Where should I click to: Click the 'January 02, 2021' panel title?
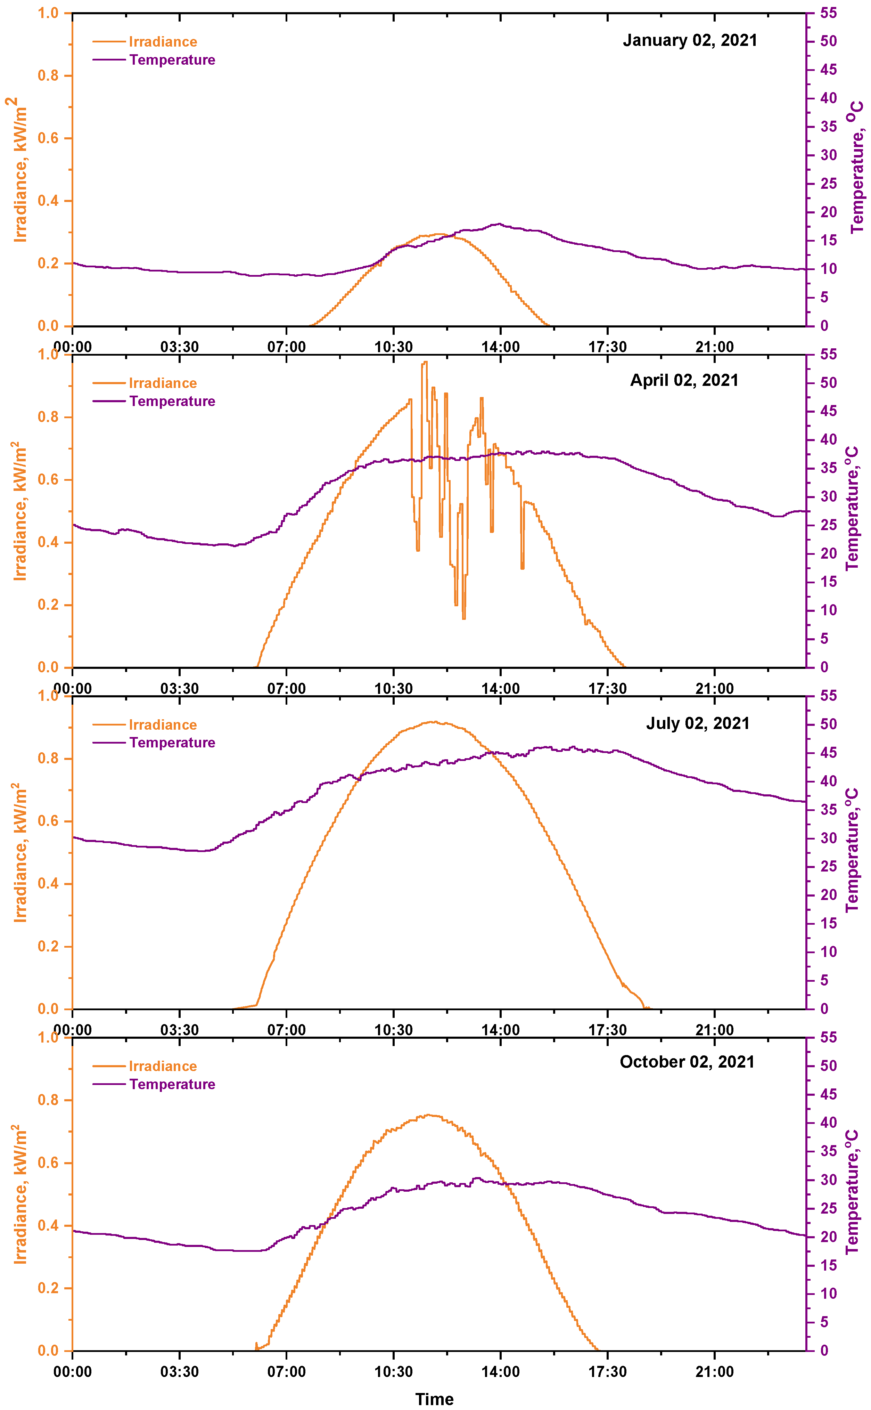pos(690,40)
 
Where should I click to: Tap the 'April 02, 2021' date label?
pos(684,380)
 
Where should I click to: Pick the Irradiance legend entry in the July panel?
pos(163,725)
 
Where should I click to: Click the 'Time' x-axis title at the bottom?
pos(434,1399)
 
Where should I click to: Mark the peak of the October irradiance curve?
pos(429,1115)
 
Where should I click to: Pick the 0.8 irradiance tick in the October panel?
pos(48,1100)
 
